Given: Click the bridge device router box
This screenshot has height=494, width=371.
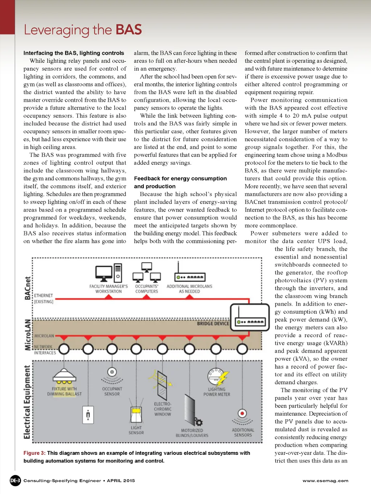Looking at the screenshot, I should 250,317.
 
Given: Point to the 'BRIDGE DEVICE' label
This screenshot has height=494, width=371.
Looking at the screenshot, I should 213,323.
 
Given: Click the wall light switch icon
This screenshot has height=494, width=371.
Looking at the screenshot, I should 88,415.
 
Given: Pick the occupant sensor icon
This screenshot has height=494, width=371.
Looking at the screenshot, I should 112,375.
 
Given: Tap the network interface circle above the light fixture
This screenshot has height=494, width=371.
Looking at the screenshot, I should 64,349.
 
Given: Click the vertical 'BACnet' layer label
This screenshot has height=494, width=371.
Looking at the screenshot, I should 28,288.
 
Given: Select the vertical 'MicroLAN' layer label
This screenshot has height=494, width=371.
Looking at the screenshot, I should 28,335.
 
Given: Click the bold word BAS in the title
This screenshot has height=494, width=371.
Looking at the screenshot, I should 129,30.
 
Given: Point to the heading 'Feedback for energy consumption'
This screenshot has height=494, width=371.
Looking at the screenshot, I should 180,179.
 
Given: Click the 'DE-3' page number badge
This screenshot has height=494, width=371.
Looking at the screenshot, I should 15,481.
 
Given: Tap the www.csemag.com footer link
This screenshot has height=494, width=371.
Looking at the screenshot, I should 325,481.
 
